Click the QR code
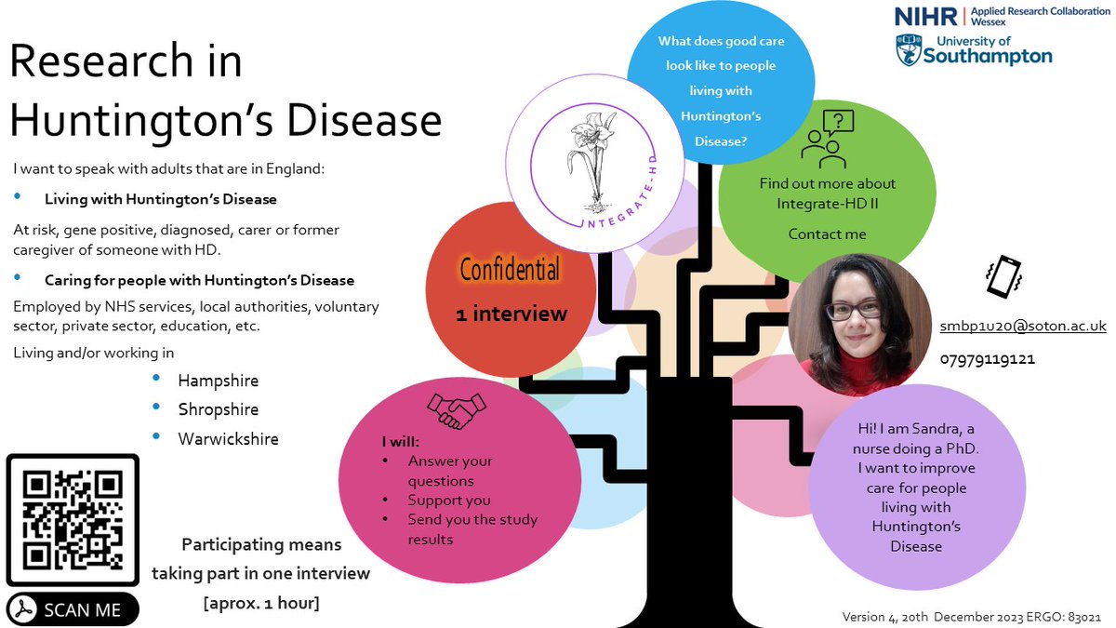pyautogui.click(x=73, y=520)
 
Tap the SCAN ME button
pyautogui.click(x=73, y=609)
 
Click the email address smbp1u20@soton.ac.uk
pyautogui.click(x=1022, y=327)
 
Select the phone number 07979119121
pyautogui.click(x=987, y=358)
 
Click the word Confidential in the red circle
pyautogui.click(x=511, y=270)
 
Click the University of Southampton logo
pyautogui.click(x=973, y=49)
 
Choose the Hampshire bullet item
pyautogui.click(x=219, y=381)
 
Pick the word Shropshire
pyautogui.click(x=219, y=409)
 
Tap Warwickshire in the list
pyautogui.click(x=228, y=438)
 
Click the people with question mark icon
pyautogui.click(x=827, y=138)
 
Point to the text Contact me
pyautogui.click(x=827, y=234)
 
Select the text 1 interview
pyautogui.click(x=511, y=314)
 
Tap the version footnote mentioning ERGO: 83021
pyautogui.click(x=974, y=617)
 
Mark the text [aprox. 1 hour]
pyautogui.click(x=261, y=602)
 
